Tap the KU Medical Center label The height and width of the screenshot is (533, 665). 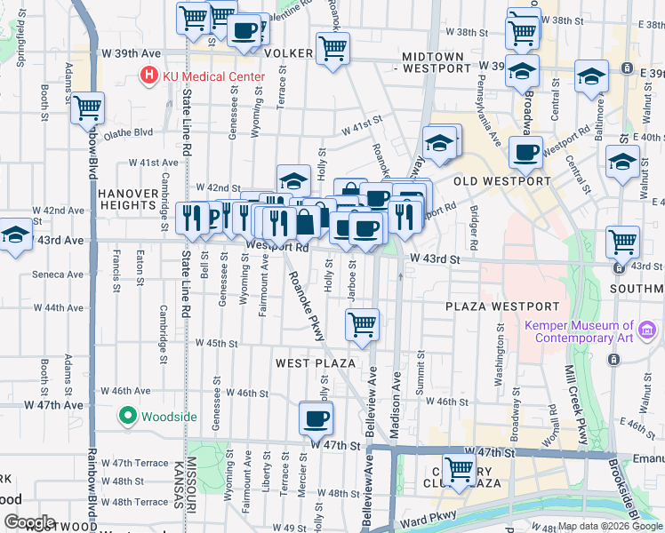tap(212, 77)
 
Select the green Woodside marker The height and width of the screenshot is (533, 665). tap(127, 415)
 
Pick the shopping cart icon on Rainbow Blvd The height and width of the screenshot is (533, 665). tap(88, 108)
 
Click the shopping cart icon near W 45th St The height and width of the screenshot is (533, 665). tap(362, 324)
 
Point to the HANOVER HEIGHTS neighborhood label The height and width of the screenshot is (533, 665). tap(128, 198)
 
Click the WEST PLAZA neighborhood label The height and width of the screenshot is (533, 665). tap(316, 363)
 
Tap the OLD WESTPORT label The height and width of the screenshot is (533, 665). tap(501, 181)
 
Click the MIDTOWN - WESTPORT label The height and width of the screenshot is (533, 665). tap(432, 62)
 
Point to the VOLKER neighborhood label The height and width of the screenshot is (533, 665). tap(288, 53)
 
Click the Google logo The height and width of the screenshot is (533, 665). tap(29, 522)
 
